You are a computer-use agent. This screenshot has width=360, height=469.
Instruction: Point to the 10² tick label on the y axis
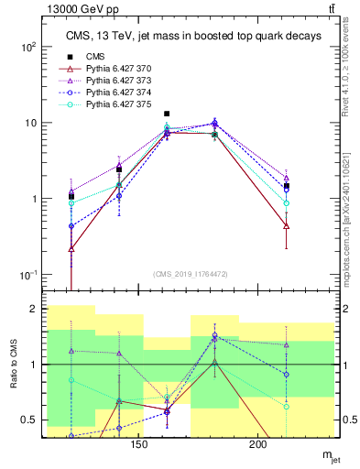coord(27,46)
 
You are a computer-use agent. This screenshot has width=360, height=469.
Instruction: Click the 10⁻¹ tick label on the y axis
coord(27,276)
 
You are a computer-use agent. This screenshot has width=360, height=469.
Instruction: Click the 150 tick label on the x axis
coord(138,444)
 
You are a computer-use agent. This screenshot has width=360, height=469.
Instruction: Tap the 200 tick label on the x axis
coord(258,444)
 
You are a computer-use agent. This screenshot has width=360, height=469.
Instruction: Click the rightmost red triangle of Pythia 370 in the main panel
coord(287,225)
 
